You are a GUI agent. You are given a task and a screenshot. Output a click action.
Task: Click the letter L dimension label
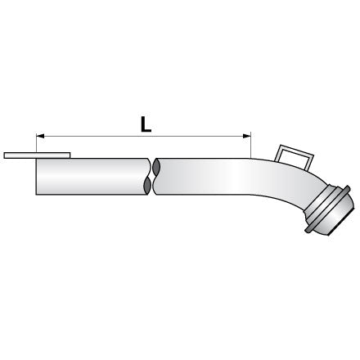point(146,124)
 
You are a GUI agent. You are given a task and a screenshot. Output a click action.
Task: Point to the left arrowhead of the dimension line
point(40,136)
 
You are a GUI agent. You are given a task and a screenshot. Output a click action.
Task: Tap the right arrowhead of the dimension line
point(247,136)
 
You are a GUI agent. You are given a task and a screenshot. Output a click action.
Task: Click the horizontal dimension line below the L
point(143,136)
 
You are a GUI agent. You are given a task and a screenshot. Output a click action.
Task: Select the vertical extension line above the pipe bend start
point(250,145)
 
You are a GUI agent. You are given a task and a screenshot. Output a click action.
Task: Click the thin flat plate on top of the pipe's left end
point(37,155)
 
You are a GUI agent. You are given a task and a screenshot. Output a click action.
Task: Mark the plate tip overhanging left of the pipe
point(4,155)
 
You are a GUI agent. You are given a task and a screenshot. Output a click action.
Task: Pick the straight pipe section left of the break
point(92,177)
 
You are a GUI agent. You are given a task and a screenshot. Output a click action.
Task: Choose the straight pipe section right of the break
point(202,177)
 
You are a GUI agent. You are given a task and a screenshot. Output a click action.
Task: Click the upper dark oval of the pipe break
point(156,168)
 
